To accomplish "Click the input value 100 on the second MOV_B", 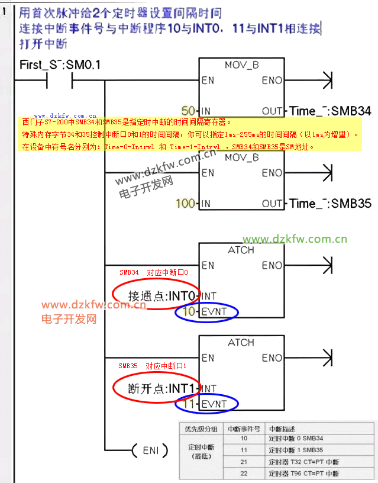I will [185, 204].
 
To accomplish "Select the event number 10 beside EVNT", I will [189, 311].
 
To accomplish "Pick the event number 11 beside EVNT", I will [189, 404].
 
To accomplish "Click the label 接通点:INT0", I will [164, 295].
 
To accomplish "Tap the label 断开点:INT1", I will [161, 388].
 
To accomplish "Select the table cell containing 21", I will [244, 462].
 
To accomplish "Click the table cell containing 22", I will [244, 474].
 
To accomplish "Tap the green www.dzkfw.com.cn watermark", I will [295, 240].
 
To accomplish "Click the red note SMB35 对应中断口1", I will [152, 366].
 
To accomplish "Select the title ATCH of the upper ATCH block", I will [241, 250].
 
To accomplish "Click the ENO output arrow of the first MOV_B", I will [327, 80].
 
